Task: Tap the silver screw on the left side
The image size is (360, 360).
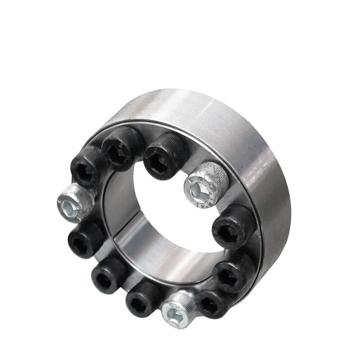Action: tap(75, 202)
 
